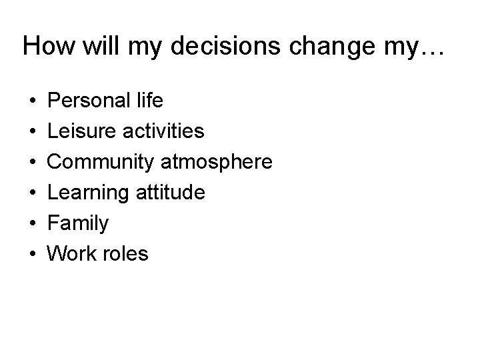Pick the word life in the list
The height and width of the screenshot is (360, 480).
(x=148, y=101)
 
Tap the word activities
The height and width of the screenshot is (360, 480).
(x=163, y=131)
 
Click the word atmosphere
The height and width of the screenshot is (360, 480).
(x=216, y=162)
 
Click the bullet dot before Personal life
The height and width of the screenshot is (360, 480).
(x=33, y=101)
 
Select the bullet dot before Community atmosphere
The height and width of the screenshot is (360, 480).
(x=33, y=163)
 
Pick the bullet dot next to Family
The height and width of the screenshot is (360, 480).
(x=33, y=224)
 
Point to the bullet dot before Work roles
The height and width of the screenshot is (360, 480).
(x=33, y=255)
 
